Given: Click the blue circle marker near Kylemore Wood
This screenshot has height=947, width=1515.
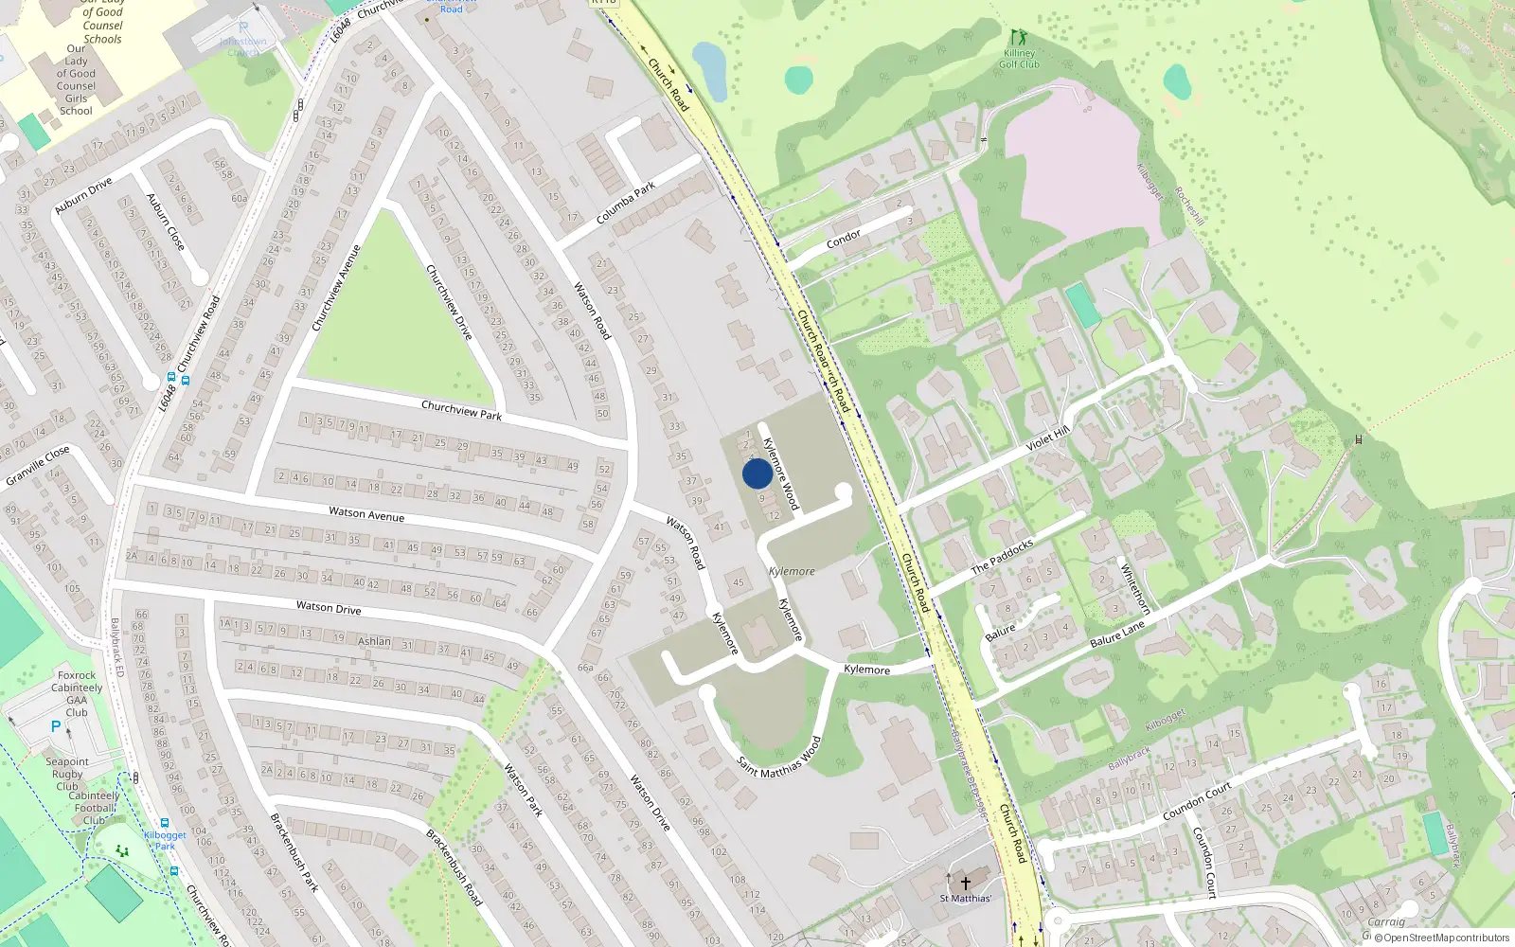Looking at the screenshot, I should pos(757,473).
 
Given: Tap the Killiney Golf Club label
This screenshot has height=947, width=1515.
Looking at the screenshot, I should pos(1020,59).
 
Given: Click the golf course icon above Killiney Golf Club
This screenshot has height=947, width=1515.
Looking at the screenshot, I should pos(1018,38).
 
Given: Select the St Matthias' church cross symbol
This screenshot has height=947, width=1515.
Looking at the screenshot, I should pos(966,883).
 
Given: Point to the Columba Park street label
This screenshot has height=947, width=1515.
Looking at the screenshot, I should pos(626,204).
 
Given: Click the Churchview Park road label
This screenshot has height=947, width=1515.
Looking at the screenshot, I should pos(461,410).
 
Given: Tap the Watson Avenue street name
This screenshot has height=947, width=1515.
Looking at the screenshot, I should pos(366,514).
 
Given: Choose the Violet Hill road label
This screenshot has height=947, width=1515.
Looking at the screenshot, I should pos(1047,438).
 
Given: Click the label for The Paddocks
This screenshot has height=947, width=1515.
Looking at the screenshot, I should pos(1003,557).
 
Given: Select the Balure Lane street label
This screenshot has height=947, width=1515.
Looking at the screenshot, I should pos(1117,634).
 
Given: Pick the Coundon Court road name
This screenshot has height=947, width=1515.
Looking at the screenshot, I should pos(1197,801).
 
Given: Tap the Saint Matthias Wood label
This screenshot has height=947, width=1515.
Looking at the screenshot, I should pos(779,758).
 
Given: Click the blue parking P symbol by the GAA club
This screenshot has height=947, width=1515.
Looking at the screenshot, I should pos(55,727).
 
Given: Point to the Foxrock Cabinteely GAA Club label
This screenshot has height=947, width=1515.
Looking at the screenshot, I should pos(77,694).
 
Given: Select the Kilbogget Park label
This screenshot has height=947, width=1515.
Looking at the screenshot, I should pos(165,840).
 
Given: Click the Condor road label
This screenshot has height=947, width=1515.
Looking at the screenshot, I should pos(844,238).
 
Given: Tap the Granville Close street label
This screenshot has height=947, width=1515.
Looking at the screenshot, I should pos(38,465).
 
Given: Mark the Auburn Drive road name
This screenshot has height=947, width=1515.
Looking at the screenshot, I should pos(83,195).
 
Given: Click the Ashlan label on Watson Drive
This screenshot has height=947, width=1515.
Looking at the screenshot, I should pos(374,641).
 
